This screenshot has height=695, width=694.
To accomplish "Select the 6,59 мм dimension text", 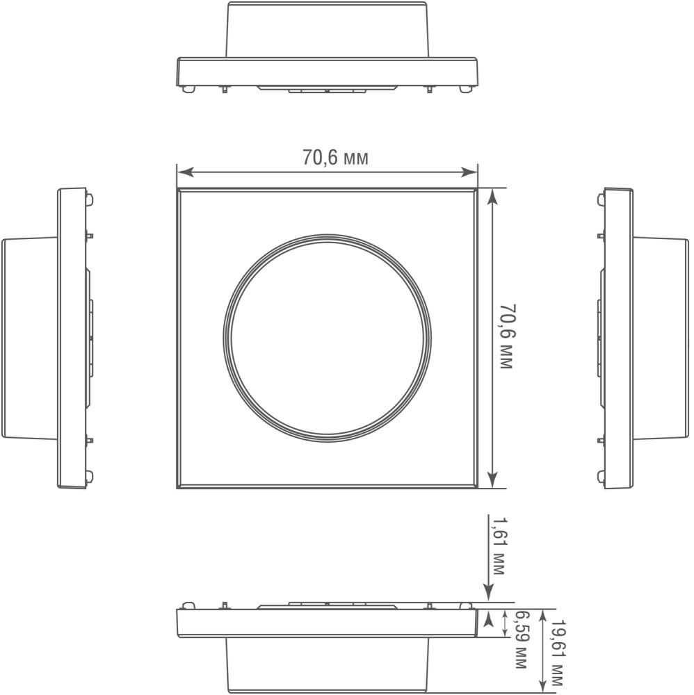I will pyautogui.click(x=519, y=639).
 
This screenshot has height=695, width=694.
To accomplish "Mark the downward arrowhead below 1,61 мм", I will pyautogui.click(x=489, y=594).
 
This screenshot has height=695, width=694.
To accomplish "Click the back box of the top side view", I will pyautogui.click(x=327, y=29).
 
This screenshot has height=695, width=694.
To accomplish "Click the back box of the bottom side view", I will pyautogui.click(x=327, y=664).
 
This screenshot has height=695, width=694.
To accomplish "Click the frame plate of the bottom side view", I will pyautogui.click(x=327, y=623).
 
